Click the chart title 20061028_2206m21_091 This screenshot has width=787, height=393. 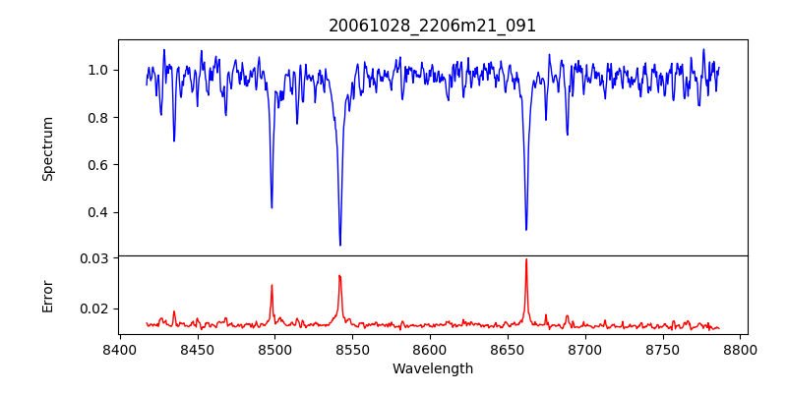pyautogui.click(x=432, y=26)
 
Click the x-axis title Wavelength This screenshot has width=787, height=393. pyautogui.click(x=432, y=368)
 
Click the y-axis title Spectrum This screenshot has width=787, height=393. pyautogui.click(x=47, y=148)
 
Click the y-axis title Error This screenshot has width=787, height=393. pyautogui.click(x=47, y=296)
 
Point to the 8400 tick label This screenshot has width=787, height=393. pyautogui.click(x=119, y=350)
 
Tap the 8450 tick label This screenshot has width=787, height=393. pyautogui.click(x=197, y=350)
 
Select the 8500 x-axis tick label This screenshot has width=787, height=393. pyautogui.click(x=274, y=350)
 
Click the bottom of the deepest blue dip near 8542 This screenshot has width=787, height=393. pyautogui.click(x=340, y=245)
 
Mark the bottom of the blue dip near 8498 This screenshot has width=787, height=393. pyautogui.click(x=272, y=207)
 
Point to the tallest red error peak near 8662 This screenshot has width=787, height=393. pyautogui.click(x=526, y=259)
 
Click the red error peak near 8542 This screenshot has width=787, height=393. pyautogui.click(x=339, y=276)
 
